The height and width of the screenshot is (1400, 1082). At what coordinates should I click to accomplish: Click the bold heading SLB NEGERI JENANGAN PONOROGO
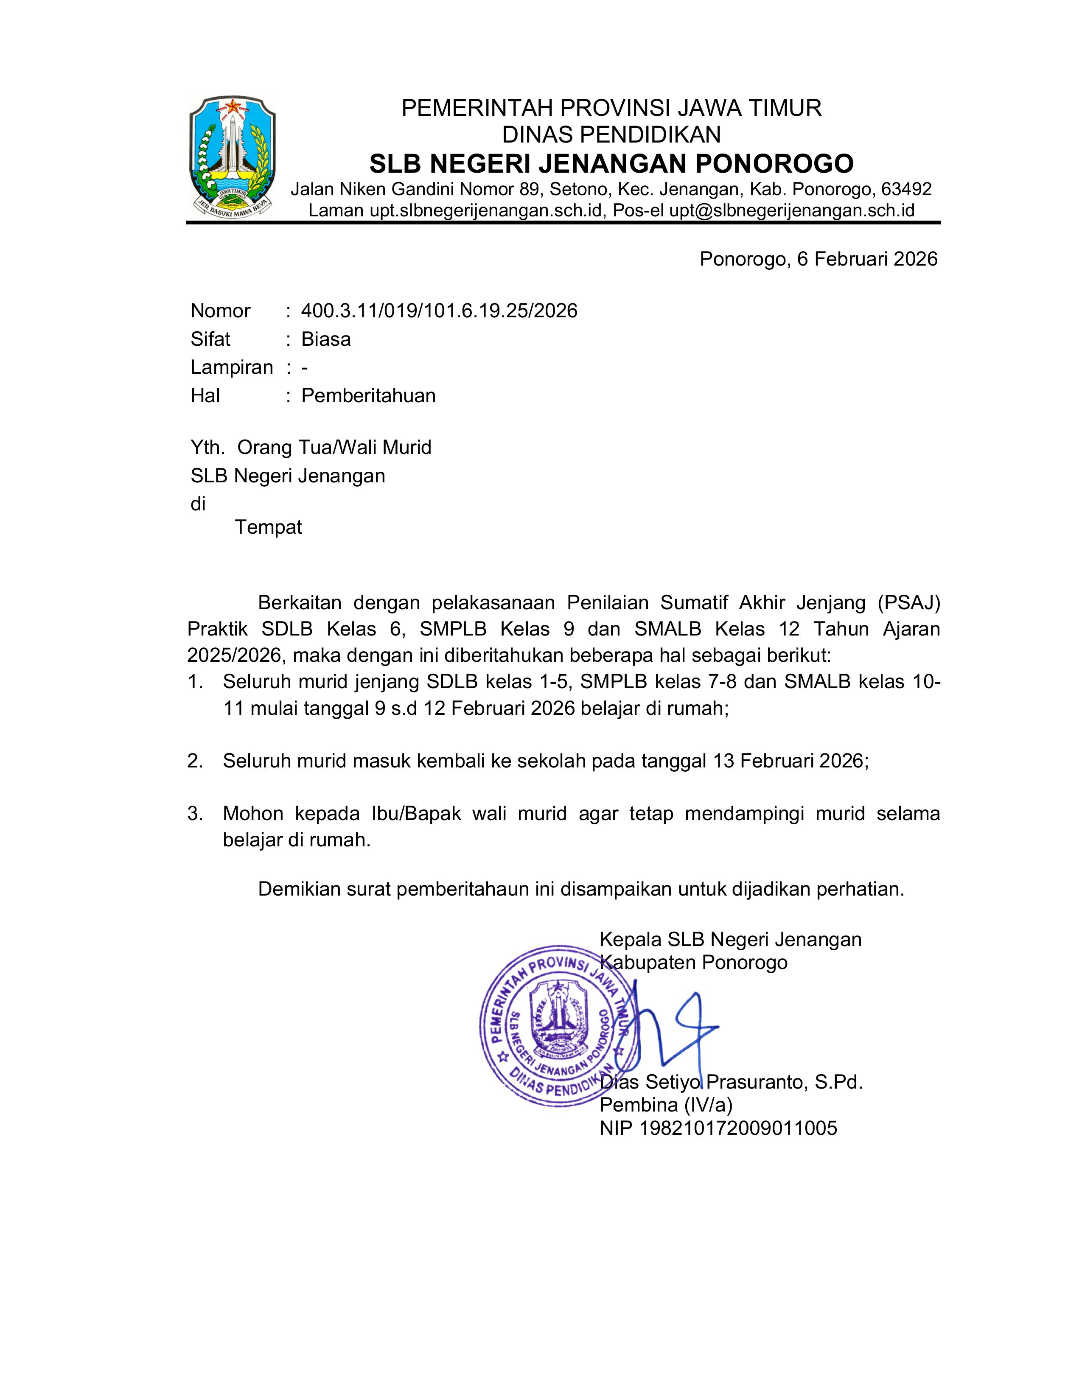611,164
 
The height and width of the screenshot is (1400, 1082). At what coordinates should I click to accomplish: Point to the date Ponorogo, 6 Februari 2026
818,259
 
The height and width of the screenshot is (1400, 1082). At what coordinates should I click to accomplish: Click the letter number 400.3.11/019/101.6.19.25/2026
439,311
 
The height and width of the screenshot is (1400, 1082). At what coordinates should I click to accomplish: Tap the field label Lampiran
231,367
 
